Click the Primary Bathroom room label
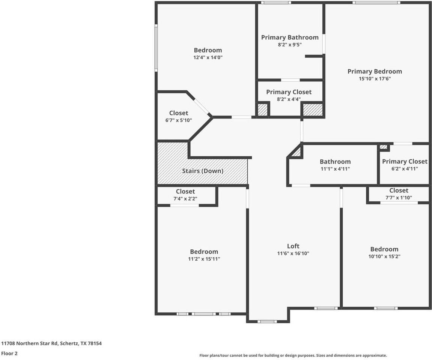pos(290,37)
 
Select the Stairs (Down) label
pos(203,171)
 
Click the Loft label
pos(293,246)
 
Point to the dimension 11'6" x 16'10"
pos(293,253)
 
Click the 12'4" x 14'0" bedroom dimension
pos(208,58)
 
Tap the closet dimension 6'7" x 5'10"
pos(179,120)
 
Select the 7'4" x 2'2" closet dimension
pos(185,198)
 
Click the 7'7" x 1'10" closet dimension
pos(398,198)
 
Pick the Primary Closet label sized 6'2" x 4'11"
pos(405,161)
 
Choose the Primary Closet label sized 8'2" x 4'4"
pos(289,92)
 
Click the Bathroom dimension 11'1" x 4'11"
pos(335,169)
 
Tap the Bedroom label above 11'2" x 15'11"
pos(204,252)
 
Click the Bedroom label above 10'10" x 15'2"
pos(384,249)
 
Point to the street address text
pos(51,343)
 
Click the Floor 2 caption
pos(9,353)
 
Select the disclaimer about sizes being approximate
pos(293,355)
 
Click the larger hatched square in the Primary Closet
pos(313,110)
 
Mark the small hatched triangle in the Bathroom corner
pos(297,153)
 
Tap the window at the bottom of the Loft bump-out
pos(267,321)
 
